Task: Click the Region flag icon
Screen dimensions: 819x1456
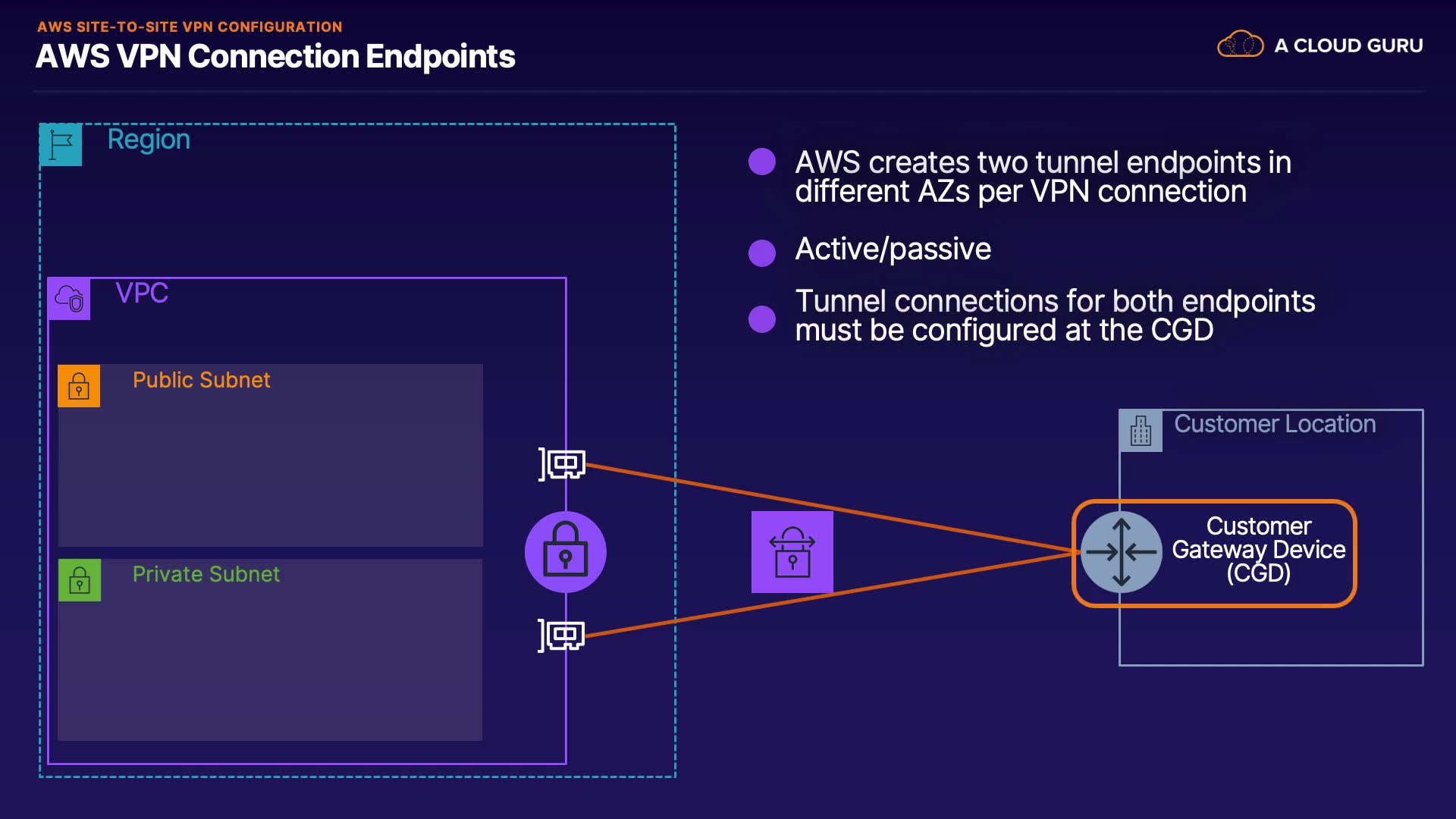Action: pos(61,144)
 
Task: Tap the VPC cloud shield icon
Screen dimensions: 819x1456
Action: pos(69,299)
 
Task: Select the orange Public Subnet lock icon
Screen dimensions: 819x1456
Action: pos(79,386)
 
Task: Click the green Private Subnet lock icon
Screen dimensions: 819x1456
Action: pos(80,580)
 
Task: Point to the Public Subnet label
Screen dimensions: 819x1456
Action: pos(201,380)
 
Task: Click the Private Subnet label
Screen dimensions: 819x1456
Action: pos(206,574)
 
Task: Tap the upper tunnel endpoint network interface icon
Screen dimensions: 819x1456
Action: pos(563,463)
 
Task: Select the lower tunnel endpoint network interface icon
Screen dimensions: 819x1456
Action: pos(563,635)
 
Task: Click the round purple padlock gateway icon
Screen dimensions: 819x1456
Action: pos(565,552)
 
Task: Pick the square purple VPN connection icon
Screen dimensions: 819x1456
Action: pos(792,552)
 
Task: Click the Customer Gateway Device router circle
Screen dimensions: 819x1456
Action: pos(1121,552)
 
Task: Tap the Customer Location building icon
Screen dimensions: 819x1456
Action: pos(1141,431)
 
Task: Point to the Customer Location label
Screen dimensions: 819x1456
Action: pos(1275,424)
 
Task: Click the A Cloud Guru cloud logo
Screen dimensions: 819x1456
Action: pos(1240,45)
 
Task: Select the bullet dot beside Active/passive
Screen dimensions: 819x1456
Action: pos(761,253)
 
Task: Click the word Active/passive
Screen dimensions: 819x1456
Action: pos(893,249)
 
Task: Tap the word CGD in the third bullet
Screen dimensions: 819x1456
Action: pos(1181,331)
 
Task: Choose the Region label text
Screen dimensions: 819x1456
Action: pos(149,140)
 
